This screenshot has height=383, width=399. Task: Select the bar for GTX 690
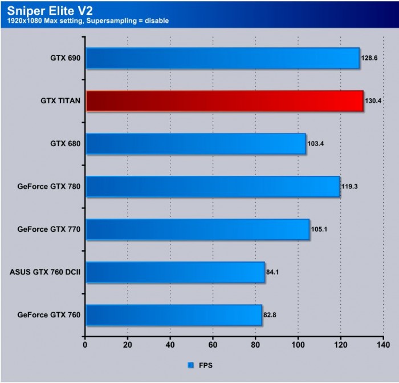pyautogui.click(x=222, y=58)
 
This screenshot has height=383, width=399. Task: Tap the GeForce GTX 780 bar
pyautogui.click(x=212, y=186)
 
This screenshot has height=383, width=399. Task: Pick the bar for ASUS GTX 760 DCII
pyautogui.click(x=174, y=272)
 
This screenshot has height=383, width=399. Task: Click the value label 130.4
pyautogui.click(x=373, y=101)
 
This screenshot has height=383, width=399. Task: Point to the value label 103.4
pyautogui.click(x=315, y=144)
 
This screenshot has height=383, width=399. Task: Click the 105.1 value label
pyautogui.click(x=319, y=229)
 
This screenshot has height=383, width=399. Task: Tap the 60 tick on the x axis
pyautogui.click(x=213, y=345)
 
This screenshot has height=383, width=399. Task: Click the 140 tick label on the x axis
pyautogui.click(x=383, y=345)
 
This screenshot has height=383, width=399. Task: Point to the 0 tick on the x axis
pyautogui.click(x=85, y=345)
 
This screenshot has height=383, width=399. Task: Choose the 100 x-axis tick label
pyautogui.click(x=298, y=345)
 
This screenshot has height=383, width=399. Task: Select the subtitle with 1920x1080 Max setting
pyautogui.click(x=88, y=21)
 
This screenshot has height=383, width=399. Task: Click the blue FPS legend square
pyautogui.click(x=190, y=365)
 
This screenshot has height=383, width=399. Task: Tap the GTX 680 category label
pyautogui.click(x=66, y=144)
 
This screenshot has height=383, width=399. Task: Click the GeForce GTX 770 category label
pyautogui.click(x=49, y=229)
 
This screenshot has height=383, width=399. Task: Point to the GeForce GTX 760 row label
pyautogui.click(x=49, y=315)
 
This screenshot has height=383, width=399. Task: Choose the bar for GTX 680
pyautogui.click(x=195, y=143)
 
